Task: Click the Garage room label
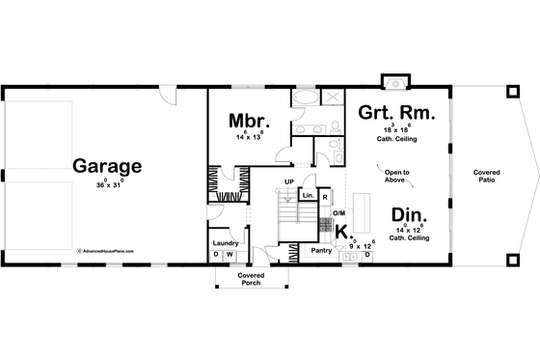point(106,165)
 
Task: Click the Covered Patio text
point(486,177)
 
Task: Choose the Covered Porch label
point(251,279)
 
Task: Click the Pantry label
point(320,250)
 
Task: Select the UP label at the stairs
point(288,181)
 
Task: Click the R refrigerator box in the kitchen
point(326,196)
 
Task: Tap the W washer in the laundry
point(229,255)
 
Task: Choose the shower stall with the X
point(329,99)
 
